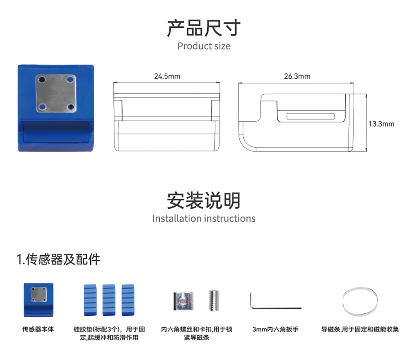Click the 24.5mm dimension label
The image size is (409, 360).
(167, 76)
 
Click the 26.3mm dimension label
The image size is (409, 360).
(297, 76)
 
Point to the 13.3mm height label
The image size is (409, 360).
(381, 124)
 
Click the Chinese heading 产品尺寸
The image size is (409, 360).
(204, 28)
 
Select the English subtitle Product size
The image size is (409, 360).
(204, 46)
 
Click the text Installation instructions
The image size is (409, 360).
(204, 219)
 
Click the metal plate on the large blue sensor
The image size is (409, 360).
(56, 93)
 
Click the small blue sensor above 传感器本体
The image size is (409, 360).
(39, 300)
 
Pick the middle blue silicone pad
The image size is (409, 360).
(109, 300)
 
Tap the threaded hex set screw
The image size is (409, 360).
(214, 300)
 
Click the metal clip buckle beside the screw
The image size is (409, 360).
(183, 301)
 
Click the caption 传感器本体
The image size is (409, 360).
(38, 329)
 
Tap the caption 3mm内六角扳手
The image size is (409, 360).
(275, 329)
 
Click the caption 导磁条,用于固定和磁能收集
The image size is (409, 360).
(360, 329)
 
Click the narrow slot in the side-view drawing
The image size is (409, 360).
(311, 116)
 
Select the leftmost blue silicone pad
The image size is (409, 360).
(90, 300)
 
